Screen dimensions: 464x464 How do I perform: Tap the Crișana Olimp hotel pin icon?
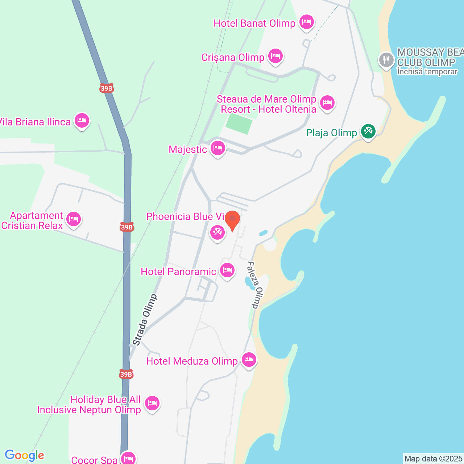point(275,56)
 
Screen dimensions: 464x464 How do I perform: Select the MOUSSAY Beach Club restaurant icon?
point(386,61)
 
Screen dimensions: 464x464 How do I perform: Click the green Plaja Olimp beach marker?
point(368,131)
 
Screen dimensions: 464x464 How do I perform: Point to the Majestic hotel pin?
point(217,148)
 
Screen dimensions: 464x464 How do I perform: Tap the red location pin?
point(232,220)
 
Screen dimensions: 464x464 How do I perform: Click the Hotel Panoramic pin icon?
point(227,270)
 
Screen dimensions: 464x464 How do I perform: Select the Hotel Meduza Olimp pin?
point(249,360)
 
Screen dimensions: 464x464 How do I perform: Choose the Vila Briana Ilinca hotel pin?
point(82,120)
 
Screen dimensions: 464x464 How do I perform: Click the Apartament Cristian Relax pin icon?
point(74,219)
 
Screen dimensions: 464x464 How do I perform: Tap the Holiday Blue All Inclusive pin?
point(152,403)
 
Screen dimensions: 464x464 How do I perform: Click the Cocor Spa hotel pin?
point(128,458)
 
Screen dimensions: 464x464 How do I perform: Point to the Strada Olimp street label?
point(145,320)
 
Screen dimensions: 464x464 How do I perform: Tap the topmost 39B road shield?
point(107,88)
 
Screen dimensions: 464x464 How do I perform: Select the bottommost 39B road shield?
point(126,374)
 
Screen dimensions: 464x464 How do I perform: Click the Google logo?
point(25,455)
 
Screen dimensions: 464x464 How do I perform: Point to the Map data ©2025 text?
point(433,459)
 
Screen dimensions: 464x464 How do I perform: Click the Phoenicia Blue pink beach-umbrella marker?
point(217,232)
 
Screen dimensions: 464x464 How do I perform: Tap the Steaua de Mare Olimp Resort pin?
point(327,103)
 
